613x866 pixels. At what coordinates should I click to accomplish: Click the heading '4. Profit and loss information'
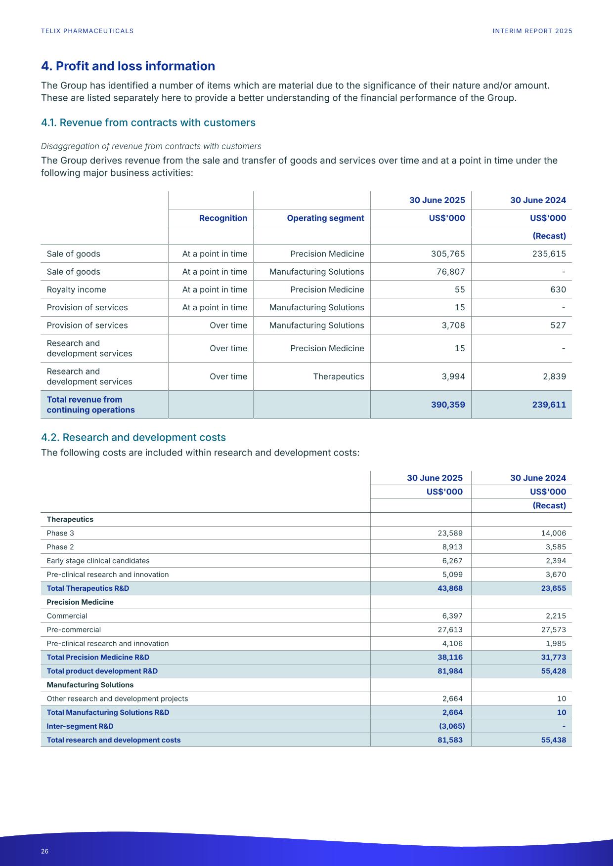128,66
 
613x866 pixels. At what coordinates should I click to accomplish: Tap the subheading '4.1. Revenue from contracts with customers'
148,123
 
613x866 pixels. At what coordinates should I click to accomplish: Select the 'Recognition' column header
223,218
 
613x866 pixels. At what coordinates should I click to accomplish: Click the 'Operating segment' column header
325,218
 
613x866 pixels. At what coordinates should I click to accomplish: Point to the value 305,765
448,254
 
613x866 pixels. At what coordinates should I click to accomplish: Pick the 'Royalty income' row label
76,289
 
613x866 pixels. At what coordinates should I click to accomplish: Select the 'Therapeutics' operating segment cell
338,376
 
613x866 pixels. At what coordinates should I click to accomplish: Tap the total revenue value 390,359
448,405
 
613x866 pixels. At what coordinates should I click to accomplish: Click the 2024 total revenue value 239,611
549,405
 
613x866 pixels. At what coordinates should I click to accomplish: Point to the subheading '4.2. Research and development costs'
133,437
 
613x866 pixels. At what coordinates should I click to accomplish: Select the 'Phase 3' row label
60,533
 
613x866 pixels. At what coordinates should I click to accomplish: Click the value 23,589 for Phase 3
450,533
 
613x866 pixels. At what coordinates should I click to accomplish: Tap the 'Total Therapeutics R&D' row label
88,588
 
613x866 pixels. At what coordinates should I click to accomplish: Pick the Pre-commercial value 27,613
450,630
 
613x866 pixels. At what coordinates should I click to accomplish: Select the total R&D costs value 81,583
450,740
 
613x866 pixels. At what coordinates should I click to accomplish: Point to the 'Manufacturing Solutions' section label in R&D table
90,685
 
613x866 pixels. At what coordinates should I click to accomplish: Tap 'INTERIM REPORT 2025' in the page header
532,31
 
